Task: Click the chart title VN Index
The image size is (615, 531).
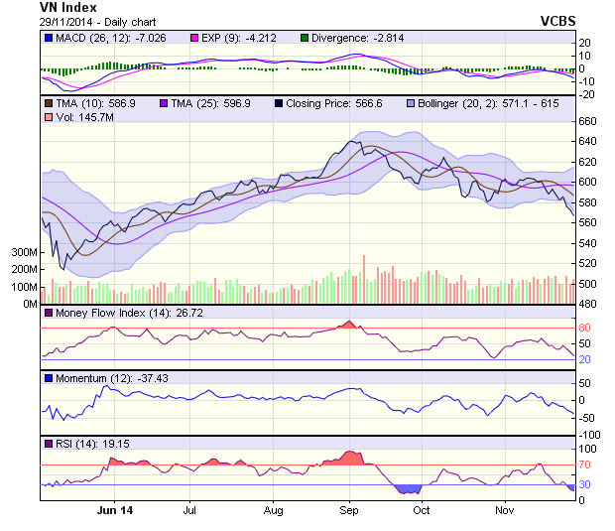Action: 68,8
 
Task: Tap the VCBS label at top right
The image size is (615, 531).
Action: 558,20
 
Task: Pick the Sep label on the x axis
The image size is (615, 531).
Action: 348,511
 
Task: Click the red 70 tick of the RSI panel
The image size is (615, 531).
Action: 585,464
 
